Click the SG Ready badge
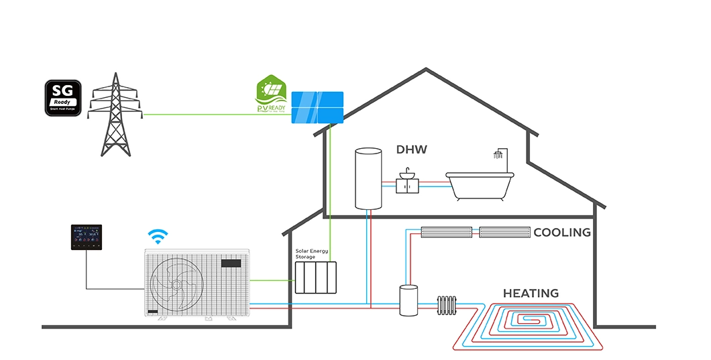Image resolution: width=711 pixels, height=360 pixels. (x=64, y=99)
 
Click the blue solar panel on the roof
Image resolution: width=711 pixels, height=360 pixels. (x=317, y=107)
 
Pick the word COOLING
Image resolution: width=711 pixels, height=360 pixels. (x=562, y=233)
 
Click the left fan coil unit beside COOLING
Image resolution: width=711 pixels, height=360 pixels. (x=446, y=233)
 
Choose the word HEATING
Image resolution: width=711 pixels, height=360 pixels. (x=531, y=293)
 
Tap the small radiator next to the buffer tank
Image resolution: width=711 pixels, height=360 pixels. (x=447, y=306)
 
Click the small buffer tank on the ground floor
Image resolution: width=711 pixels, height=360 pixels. (x=408, y=300)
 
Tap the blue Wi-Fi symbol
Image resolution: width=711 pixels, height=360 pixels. (x=158, y=236)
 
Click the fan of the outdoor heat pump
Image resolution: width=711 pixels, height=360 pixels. (x=176, y=284)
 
